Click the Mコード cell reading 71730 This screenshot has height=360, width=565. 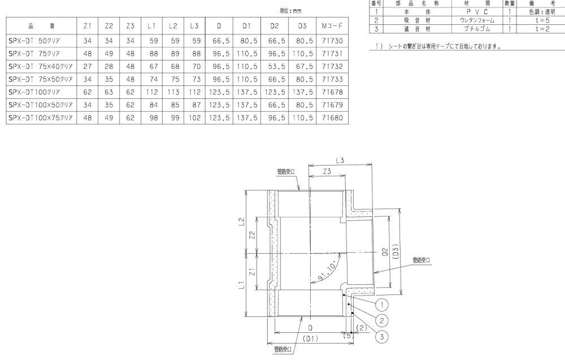[332, 41]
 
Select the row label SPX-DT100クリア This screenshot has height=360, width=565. [34, 92]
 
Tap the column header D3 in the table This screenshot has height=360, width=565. [302, 26]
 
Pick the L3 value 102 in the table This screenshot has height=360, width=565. [194, 118]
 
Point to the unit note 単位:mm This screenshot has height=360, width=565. [290, 11]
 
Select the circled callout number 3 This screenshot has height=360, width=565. [381, 337]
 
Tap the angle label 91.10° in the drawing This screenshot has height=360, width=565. [327, 272]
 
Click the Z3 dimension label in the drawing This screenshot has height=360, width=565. [327, 171]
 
